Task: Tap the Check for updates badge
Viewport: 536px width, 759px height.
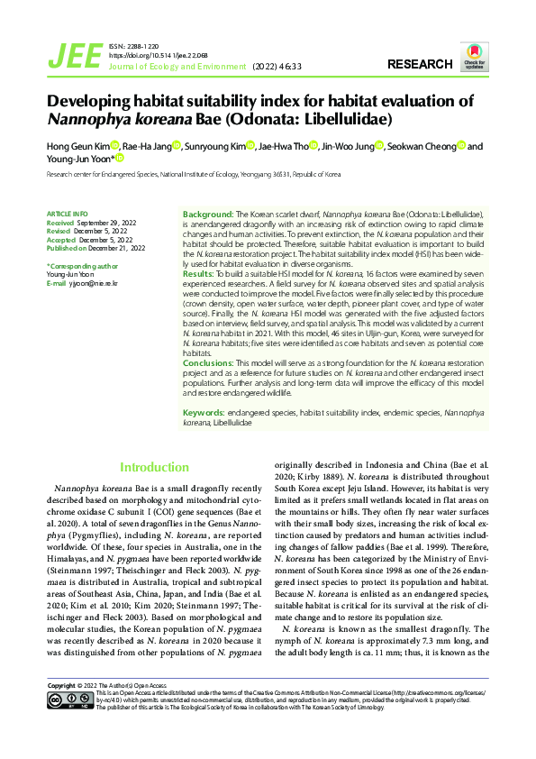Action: (474, 56)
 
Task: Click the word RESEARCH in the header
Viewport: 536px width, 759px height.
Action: (420, 64)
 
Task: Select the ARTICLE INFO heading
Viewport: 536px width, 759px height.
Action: (66, 214)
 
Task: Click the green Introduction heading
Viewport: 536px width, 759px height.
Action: (155, 467)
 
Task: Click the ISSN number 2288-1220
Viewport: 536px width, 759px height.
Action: (146, 45)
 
